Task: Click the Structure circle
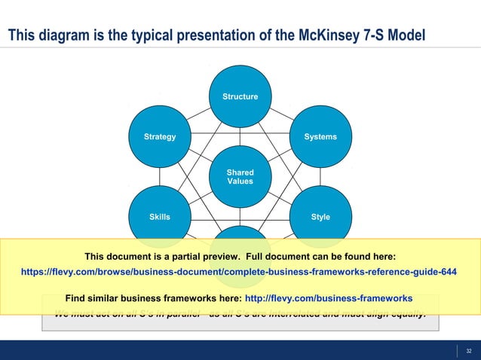(x=240, y=96)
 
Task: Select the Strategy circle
(x=160, y=137)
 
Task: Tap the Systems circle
(x=320, y=137)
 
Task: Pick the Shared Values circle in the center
(x=240, y=177)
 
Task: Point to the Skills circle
(x=160, y=217)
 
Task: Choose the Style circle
(x=320, y=217)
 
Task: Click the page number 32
(x=468, y=351)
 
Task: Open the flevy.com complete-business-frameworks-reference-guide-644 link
(x=240, y=272)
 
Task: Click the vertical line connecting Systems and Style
(x=320, y=176)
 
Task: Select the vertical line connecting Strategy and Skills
(x=160, y=176)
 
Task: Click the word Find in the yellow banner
(x=76, y=297)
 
